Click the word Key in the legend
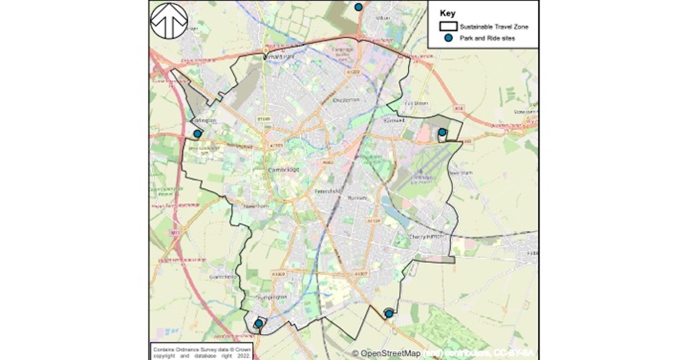coord(448,14)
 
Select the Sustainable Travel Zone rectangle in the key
coord(449,26)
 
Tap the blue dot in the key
coord(449,38)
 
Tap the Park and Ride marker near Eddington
coord(197,134)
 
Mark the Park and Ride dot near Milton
coord(358,7)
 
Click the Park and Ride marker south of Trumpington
coord(259,323)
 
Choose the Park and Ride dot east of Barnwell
coord(442,132)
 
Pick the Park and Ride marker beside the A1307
coord(389,313)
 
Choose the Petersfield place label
coord(329,190)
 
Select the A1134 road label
coord(374,220)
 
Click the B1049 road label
coord(264,119)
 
